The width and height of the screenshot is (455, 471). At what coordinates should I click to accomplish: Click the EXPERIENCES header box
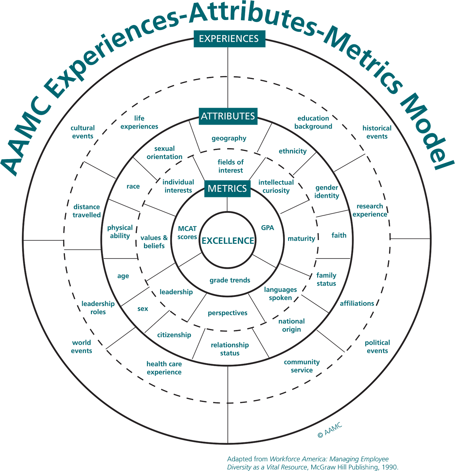click(x=229, y=38)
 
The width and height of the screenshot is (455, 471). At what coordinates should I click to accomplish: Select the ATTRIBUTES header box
click(x=228, y=116)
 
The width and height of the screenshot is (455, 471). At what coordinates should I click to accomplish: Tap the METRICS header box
click(x=227, y=188)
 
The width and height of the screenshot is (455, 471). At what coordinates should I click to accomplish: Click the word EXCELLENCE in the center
click(x=228, y=241)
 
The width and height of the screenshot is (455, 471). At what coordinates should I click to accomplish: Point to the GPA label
click(x=267, y=228)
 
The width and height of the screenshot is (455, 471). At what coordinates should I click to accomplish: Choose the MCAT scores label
click(x=187, y=233)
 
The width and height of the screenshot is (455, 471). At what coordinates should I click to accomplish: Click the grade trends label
click(x=230, y=280)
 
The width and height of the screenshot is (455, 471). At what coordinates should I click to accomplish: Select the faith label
click(x=339, y=235)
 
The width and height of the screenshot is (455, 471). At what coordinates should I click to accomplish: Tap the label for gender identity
click(x=327, y=192)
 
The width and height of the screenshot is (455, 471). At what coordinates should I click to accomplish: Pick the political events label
click(x=377, y=347)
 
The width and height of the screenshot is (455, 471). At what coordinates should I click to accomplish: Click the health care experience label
click(x=164, y=368)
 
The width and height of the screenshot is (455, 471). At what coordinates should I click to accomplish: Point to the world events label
click(x=81, y=347)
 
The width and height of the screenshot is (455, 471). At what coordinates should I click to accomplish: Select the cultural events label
click(x=82, y=132)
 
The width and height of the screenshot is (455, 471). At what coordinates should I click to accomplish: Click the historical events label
click(x=377, y=132)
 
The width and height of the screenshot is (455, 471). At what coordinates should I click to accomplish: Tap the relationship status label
click(x=230, y=349)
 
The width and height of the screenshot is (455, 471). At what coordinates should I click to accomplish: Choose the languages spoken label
click(x=280, y=293)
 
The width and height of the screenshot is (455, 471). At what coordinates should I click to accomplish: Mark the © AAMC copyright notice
click(x=330, y=430)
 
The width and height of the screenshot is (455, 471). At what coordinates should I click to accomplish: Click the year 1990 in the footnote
click(x=390, y=467)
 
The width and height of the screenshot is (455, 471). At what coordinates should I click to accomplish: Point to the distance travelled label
click(x=87, y=211)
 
